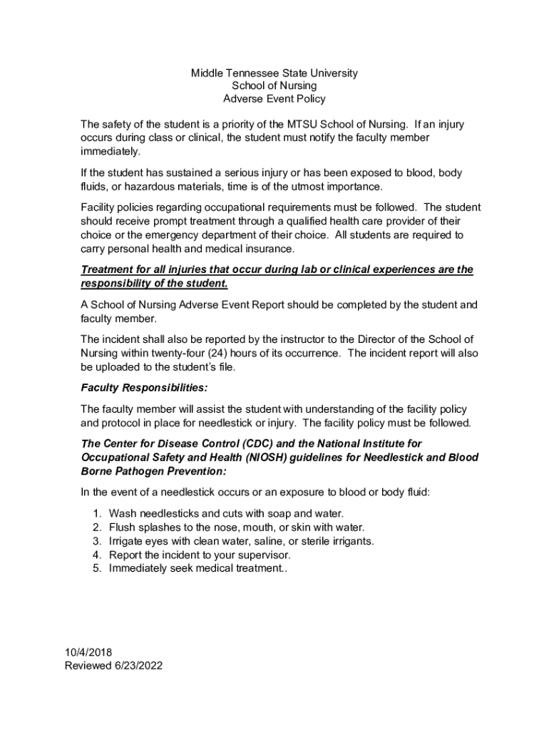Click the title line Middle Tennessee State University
point(274,73)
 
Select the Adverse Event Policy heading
point(274,99)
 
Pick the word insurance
point(271,249)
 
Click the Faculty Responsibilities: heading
point(144,389)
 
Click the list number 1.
point(96,513)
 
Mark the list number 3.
point(96,541)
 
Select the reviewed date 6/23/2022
point(138,666)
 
